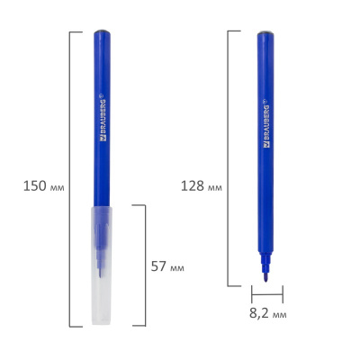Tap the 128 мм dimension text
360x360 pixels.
click(x=201, y=187)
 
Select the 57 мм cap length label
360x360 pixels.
click(x=168, y=267)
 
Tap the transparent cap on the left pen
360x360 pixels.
click(x=103, y=270)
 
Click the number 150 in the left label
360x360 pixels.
click(x=30, y=187)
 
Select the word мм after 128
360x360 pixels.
click(x=213, y=187)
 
